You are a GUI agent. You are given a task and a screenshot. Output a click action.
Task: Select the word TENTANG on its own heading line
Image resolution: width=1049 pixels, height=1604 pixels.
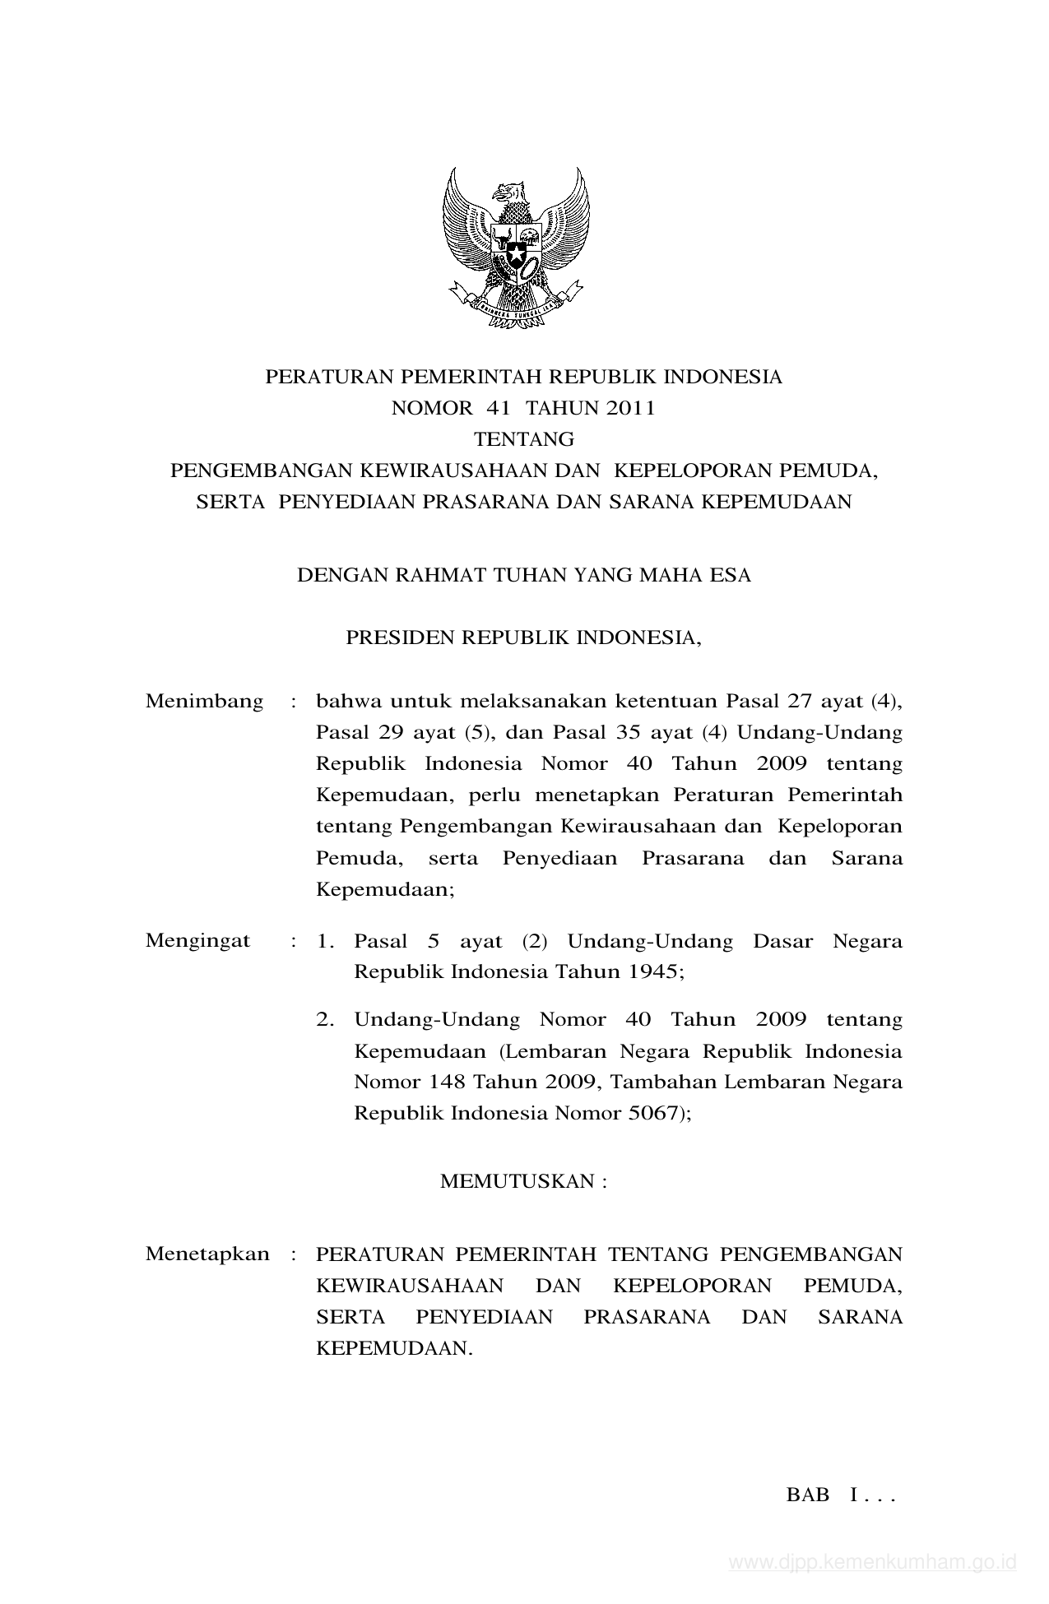coord(523,439)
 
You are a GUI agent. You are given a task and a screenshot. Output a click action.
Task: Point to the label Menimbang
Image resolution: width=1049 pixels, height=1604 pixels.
coord(204,701)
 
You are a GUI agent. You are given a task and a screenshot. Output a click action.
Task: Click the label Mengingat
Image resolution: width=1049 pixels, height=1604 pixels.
coord(197,940)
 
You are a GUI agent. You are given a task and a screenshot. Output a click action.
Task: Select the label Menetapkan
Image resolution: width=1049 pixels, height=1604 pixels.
coord(207,1254)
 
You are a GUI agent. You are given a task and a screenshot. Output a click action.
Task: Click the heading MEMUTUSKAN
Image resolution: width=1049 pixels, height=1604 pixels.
coord(522,1181)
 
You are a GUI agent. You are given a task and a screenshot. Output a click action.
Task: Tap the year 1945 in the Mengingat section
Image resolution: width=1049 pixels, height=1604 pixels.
coord(655,971)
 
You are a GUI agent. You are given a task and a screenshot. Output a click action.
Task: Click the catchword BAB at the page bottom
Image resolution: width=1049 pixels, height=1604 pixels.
coord(808,1495)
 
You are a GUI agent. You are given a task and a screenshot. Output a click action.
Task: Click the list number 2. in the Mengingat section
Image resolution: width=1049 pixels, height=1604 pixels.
coord(325,1020)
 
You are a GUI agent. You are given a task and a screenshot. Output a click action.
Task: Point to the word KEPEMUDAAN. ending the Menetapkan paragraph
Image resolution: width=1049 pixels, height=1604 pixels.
coord(395,1348)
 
